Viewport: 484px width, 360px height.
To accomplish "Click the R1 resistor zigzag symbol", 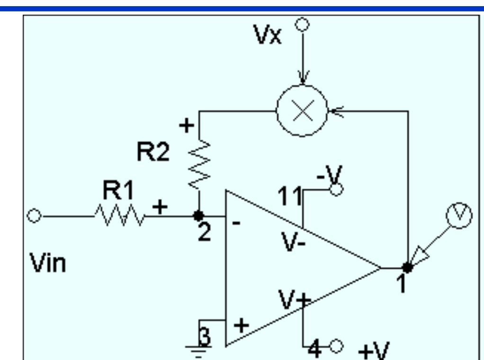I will point(120,216).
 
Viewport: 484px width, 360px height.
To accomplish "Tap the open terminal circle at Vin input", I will point(33,216).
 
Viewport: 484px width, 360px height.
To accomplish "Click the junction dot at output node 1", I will point(408,267).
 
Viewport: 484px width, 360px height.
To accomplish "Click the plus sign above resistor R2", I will point(188,126).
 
